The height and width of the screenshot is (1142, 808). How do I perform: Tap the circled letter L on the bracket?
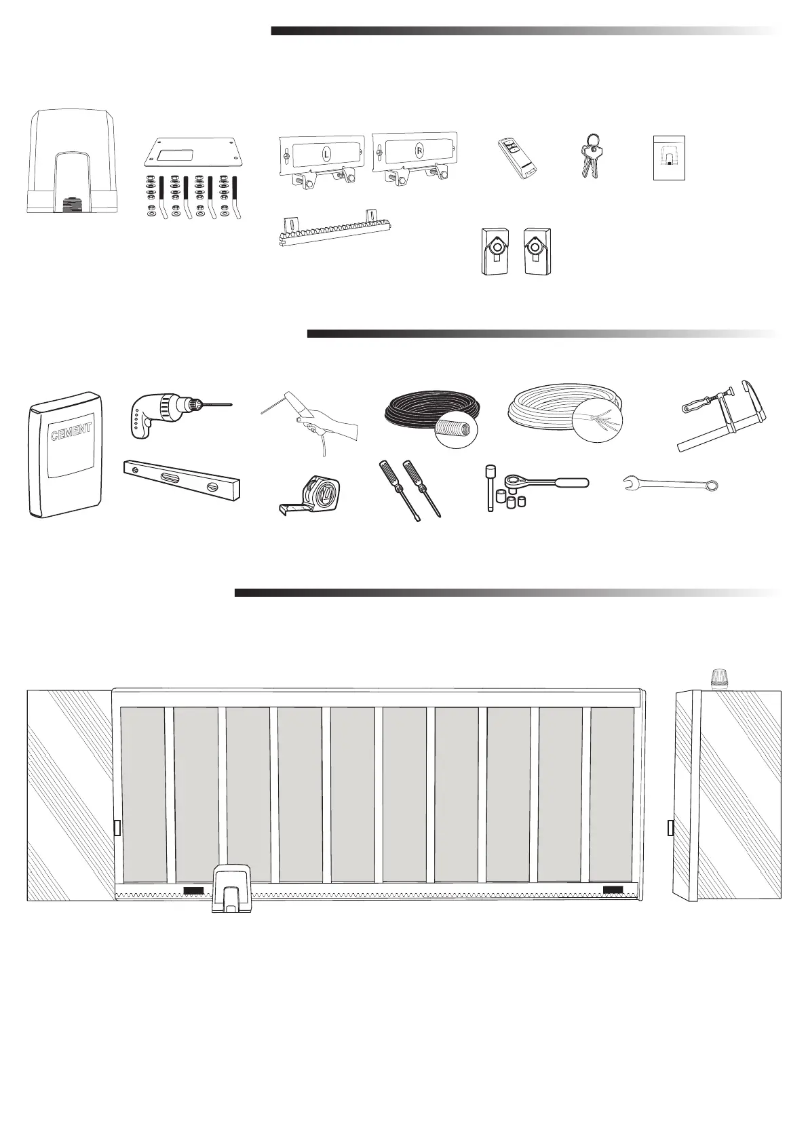pos(327,155)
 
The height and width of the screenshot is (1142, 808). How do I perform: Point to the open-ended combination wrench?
pos(670,484)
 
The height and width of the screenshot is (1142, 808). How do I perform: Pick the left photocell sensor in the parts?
pos(495,251)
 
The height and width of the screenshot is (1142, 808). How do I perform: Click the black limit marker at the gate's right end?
pos(613,890)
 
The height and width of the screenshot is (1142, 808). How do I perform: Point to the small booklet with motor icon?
pos(668,157)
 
